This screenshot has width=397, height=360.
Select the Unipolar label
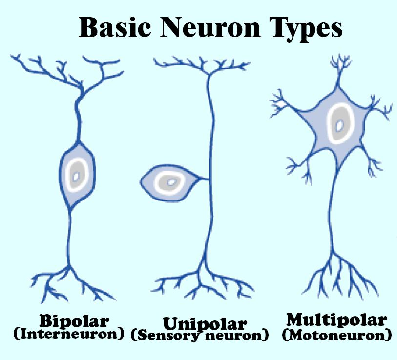199,323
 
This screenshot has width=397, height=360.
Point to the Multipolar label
337,320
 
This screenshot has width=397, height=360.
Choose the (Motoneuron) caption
336,335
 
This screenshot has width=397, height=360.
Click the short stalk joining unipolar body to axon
203,180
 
